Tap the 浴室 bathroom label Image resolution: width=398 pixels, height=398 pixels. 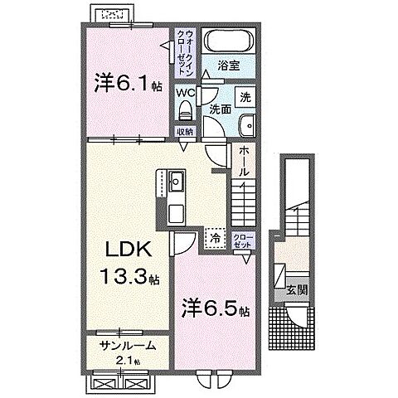point(229,63)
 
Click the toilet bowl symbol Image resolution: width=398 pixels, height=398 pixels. point(187,112)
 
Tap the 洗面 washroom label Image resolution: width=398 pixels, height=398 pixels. point(220,108)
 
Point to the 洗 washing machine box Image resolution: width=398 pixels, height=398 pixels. point(246,96)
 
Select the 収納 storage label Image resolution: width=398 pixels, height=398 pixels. point(185,131)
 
